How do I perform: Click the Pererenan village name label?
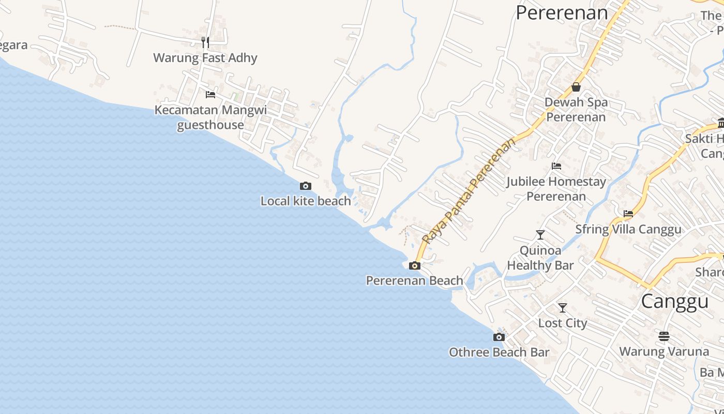tap(562, 12)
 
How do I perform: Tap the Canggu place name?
tap(674, 301)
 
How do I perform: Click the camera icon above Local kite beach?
tap(306, 186)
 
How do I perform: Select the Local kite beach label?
tap(306, 201)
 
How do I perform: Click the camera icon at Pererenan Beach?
tap(415, 266)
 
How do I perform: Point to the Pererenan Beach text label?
tap(415, 280)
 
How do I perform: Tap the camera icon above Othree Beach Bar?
tap(499, 337)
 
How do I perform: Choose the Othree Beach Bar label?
tap(499, 352)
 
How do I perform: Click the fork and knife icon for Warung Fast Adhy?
tap(205, 42)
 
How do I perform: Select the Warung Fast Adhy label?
tap(205, 57)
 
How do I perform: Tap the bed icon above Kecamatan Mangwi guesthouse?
tap(210, 94)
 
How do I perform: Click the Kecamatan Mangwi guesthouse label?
tap(210, 117)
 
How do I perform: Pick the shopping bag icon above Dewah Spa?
tap(576, 87)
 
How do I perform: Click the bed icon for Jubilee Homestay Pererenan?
tap(556, 166)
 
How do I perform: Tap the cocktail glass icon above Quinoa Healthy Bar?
tap(540, 235)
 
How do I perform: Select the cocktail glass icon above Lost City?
tap(563, 308)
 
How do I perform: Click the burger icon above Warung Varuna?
tap(664, 336)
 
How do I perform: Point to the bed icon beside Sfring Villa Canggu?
tap(628, 213)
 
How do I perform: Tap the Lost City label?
tap(563, 323)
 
